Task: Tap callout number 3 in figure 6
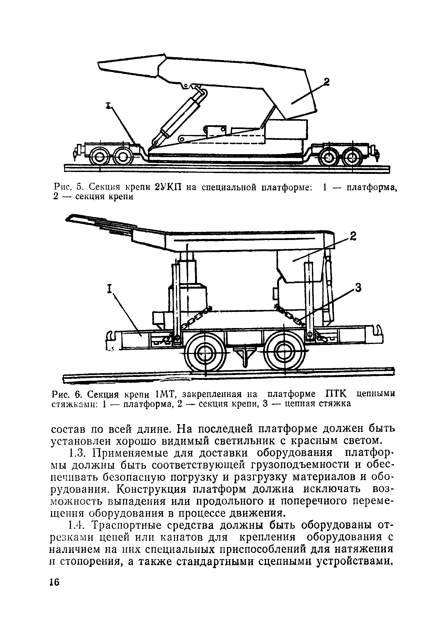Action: click(358, 288)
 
